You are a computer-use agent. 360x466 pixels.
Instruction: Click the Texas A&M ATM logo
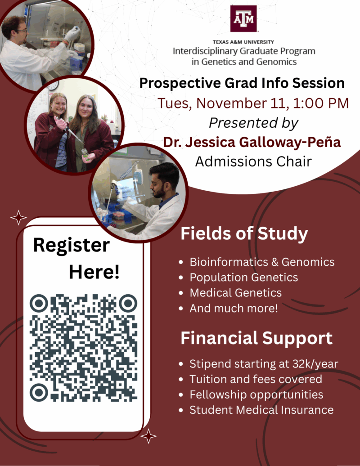click(x=243, y=19)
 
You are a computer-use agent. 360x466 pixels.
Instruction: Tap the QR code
click(x=84, y=348)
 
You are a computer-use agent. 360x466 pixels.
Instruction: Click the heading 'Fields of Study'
click(x=244, y=234)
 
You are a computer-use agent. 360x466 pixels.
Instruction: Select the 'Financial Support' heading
click(x=256, y=338)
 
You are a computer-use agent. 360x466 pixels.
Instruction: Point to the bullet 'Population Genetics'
click(x=243, y=277)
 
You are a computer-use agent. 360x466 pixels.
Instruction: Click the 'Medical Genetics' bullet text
click(x=235, y=293)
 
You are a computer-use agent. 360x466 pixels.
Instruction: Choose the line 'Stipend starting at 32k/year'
click(x=264, y=364)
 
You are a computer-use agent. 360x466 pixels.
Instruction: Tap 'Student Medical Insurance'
click(x=261, y=410)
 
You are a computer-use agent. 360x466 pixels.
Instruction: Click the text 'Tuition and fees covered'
click(x=256, y=379)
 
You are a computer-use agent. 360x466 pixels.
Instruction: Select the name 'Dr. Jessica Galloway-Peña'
click(x=252, y=142)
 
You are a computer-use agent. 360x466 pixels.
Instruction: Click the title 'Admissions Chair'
click(x=253, y=161)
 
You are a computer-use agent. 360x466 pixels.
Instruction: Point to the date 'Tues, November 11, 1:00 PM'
click(x=253, y=103)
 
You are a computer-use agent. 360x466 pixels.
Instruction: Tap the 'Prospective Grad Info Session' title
click(x=242, y=83)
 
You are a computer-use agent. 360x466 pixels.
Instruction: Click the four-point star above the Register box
click(x=18, y=217)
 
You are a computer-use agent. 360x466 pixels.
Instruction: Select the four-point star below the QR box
click(x=148, y=436)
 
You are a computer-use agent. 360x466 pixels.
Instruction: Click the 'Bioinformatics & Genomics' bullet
click(x=262, y=262)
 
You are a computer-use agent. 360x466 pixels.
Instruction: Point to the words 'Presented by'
click(x=253, y=122)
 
